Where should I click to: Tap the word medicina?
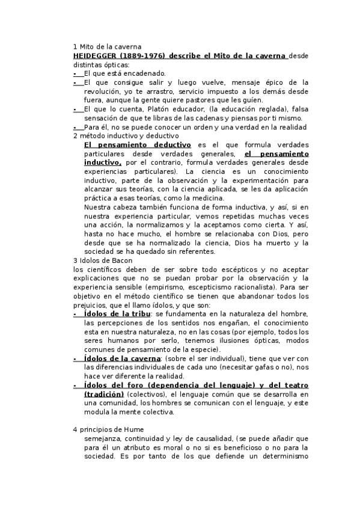207,198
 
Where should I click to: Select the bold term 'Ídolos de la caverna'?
122,358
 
